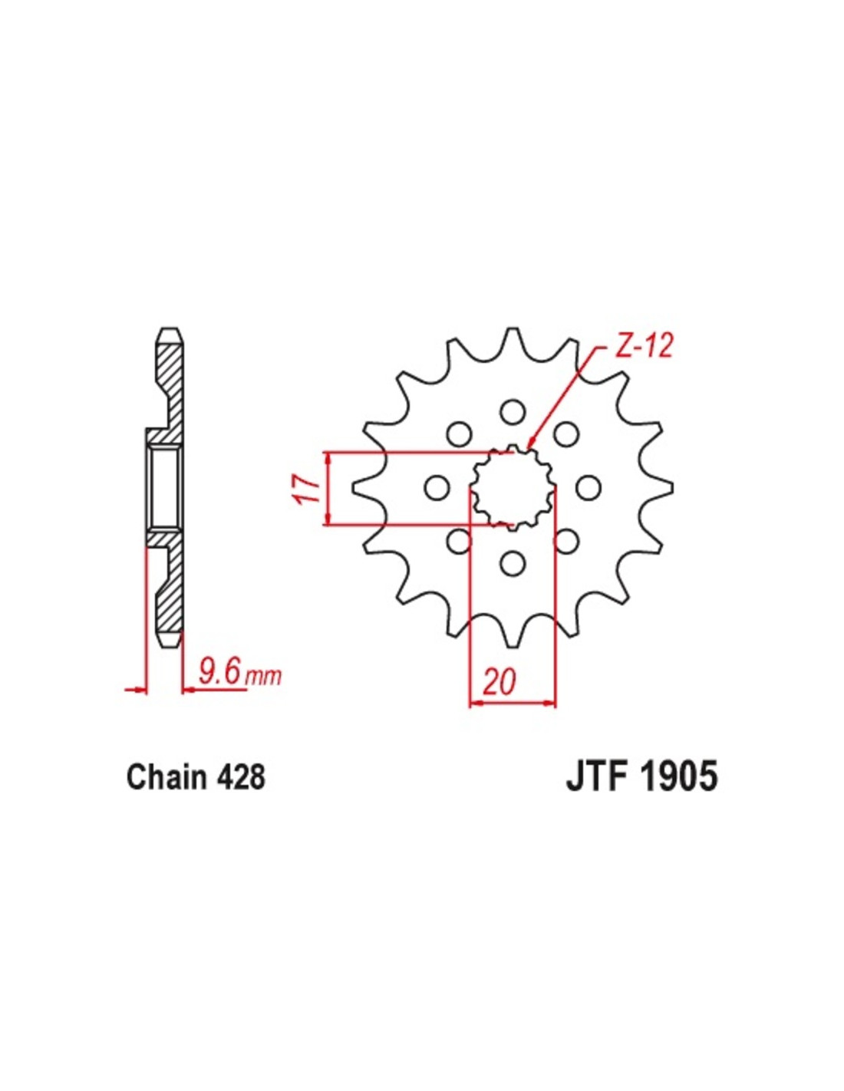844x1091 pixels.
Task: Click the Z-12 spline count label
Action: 643,347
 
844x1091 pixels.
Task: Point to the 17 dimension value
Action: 308,488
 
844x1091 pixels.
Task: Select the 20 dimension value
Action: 499,681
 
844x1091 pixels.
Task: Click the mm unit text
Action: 264,676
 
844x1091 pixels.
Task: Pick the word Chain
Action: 166,776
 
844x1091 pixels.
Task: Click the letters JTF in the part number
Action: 596,776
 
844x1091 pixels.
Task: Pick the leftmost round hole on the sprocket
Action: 437,488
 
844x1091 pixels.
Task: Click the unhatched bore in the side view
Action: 165,487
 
